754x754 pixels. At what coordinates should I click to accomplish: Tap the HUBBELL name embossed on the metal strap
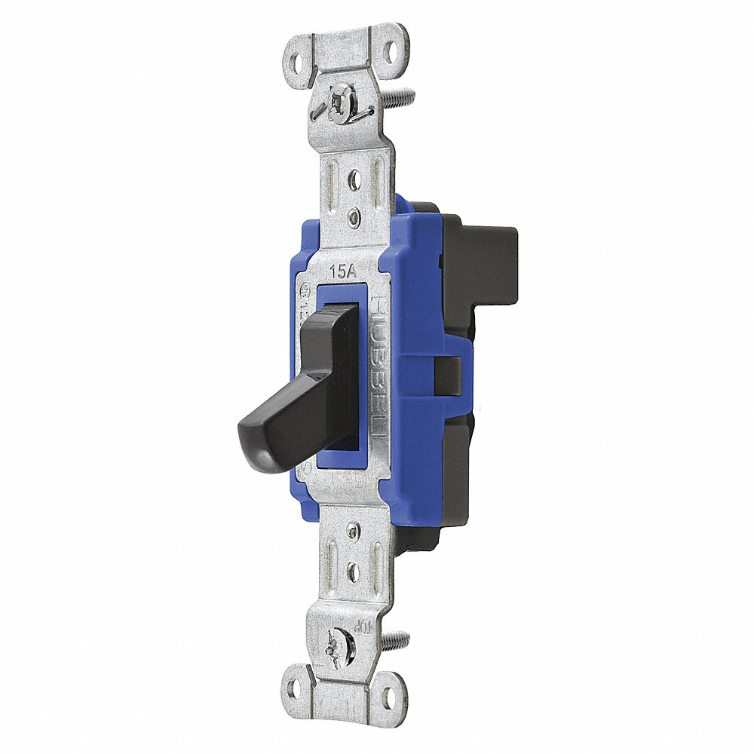(x=379, y=369)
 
